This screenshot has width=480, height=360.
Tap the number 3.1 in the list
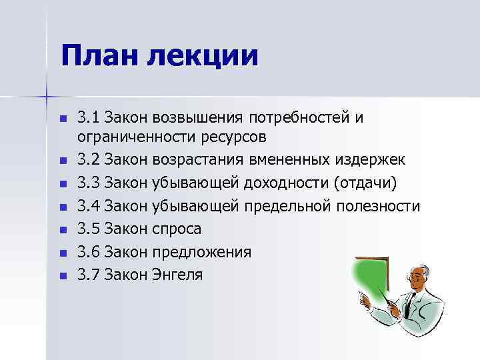pos(88,119)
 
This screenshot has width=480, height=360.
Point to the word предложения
pos(202,251)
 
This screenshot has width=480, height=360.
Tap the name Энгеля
pos(178,274)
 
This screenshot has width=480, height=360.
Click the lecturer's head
pos(412,277)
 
